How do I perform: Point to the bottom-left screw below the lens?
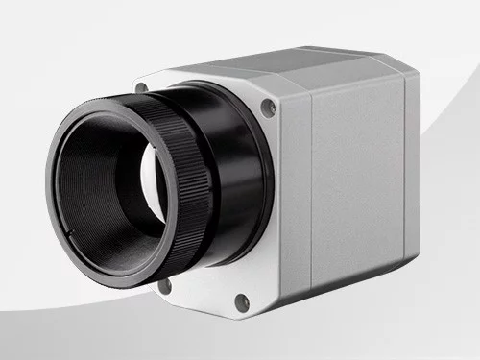164,285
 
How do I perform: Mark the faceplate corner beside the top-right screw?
278,101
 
